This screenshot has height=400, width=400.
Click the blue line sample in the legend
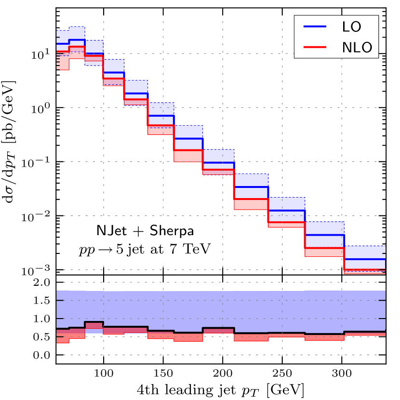point(314,26)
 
